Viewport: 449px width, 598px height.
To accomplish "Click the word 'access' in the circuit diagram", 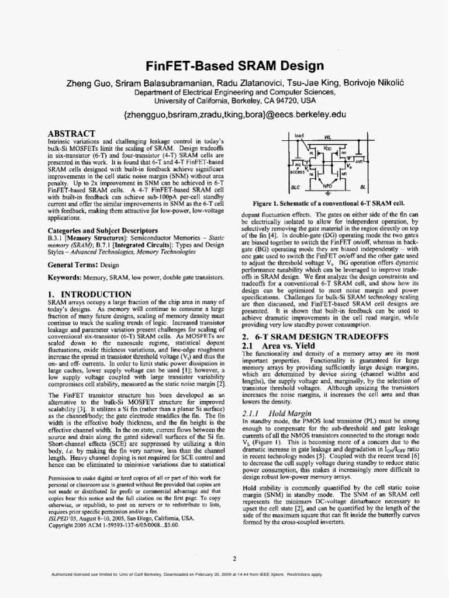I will click(x=297, y=173).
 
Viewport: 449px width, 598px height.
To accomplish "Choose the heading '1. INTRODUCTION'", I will click(x=89, y=294).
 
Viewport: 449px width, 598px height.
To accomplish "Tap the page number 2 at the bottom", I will click(x=234, y=558).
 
